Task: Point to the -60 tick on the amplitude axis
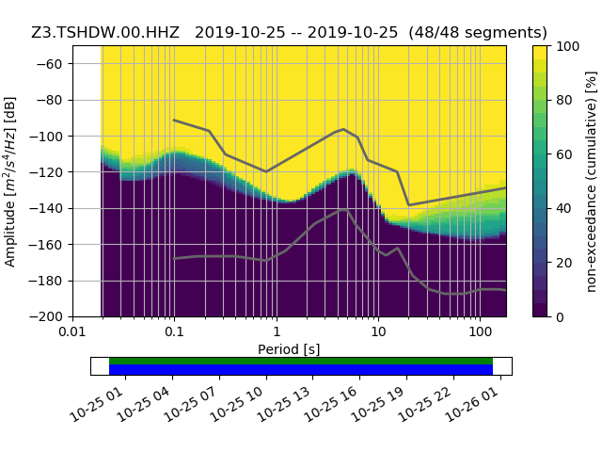click(54, 63)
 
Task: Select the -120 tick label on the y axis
click(51, 171)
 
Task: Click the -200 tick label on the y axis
click(51, 316)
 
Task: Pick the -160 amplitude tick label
click(51, 244)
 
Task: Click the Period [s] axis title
click(289, 349)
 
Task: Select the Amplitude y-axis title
click(10, 181)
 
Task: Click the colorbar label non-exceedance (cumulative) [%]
click(591, 181)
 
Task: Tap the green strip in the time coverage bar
click(301, 361)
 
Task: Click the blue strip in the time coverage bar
click(301, 370)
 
